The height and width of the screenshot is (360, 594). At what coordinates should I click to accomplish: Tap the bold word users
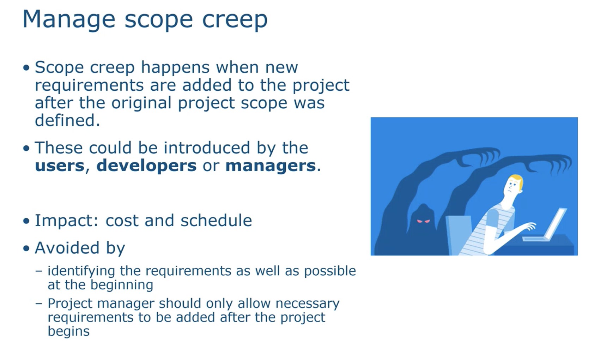click(x=60, y=166)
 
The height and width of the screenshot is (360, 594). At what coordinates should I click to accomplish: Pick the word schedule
click(x=216, y=220)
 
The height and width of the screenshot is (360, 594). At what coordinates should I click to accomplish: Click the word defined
click(x=68, y=120)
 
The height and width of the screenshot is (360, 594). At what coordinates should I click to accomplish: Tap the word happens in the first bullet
click(x=175, y=68)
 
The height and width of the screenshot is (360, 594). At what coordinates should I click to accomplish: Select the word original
click(x=141, y=103)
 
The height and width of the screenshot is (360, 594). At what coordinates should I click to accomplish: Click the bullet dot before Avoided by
click(x=26, y=248)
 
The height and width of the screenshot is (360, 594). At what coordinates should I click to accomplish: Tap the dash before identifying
click(x=39, y=271)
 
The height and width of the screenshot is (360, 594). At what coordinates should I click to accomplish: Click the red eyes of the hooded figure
click(x=424, y=221)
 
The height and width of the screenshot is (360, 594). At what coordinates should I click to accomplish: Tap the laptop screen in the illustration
click(x=556, y=223)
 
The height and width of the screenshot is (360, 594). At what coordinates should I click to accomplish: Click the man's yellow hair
click(x=516, y=180)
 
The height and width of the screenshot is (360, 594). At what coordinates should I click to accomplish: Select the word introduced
click(x=207, y=148)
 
